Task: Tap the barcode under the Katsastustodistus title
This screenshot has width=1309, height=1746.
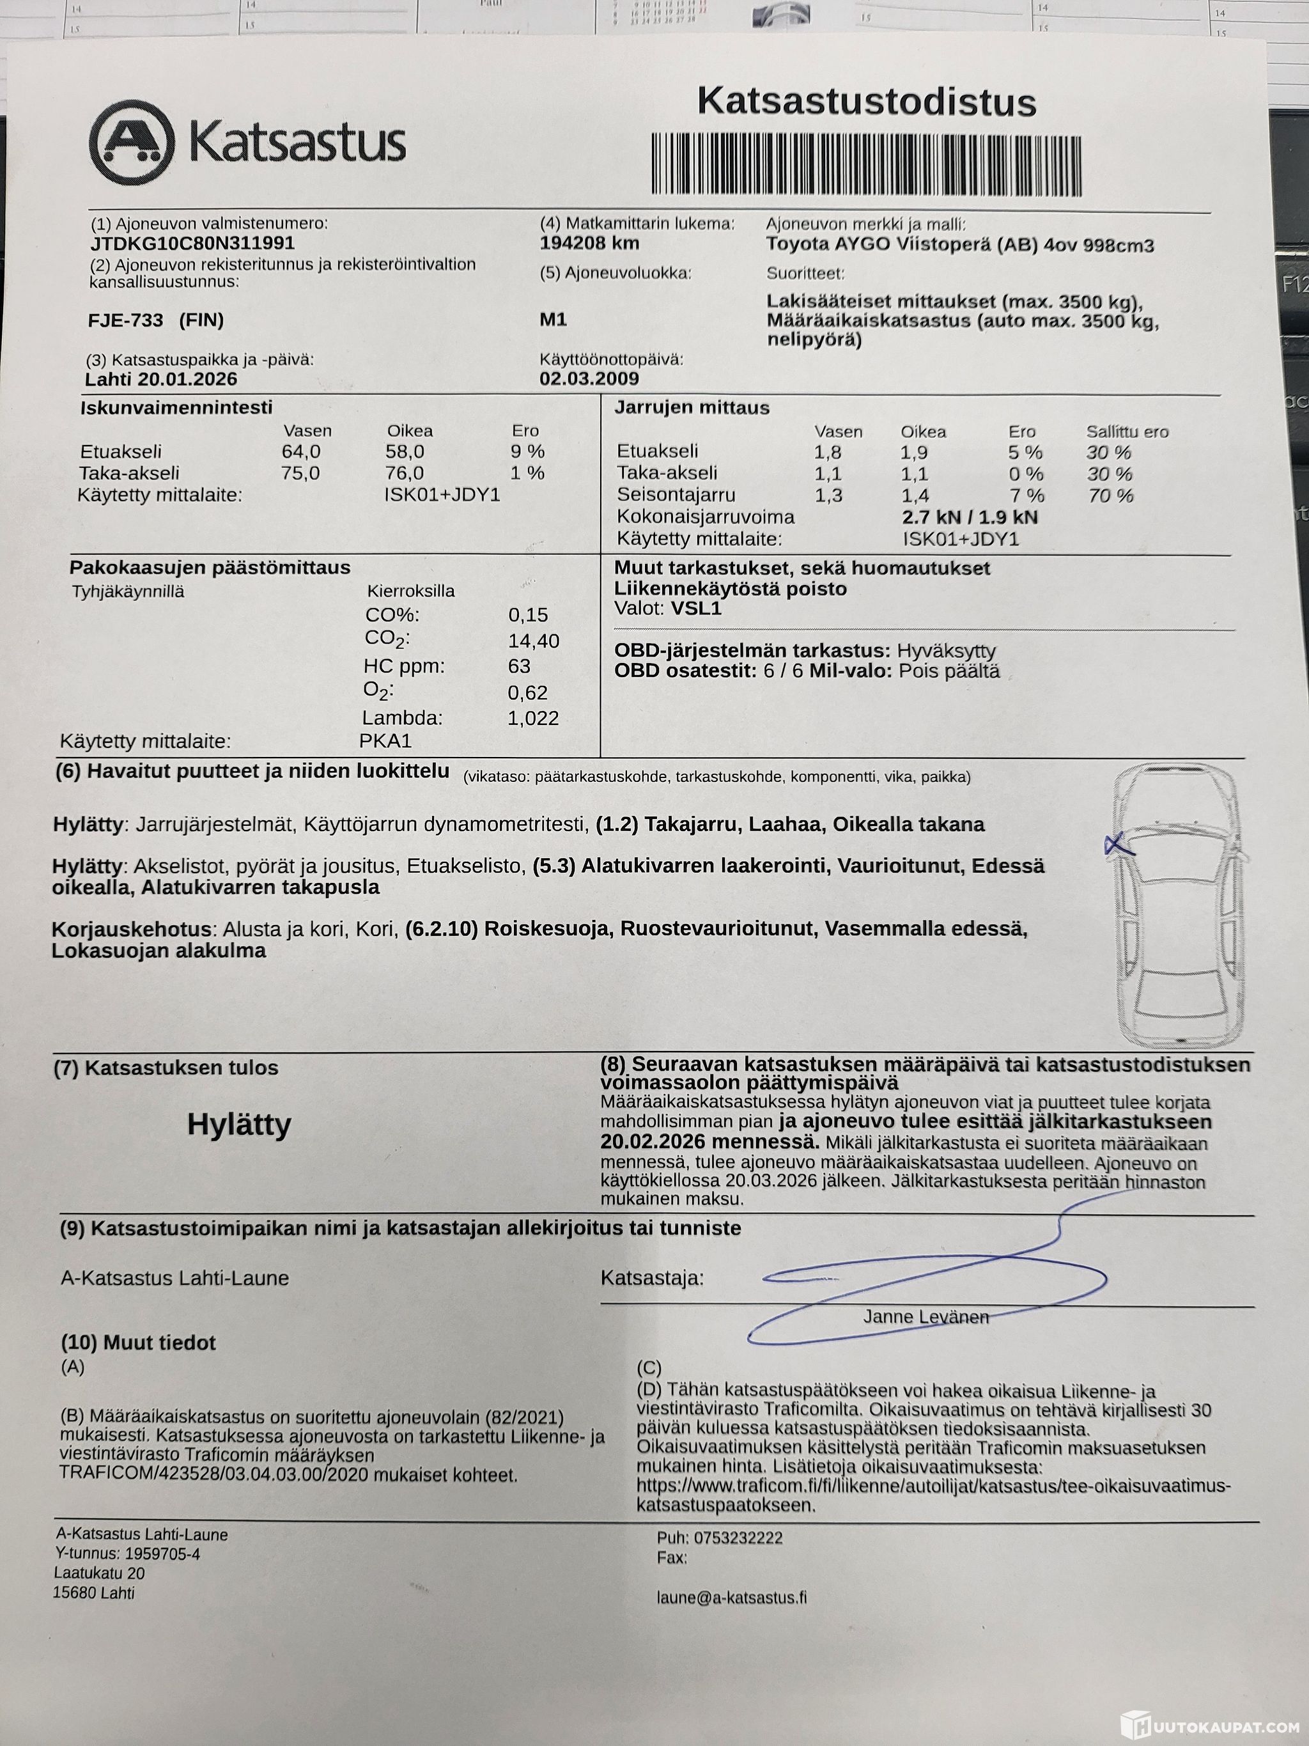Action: [x=865, y=164]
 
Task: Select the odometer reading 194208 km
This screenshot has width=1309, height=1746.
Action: [x=589, y=243]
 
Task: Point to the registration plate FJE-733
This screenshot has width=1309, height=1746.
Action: [x=127, y=320]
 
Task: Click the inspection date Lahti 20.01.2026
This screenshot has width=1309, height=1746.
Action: [x=161, y=380]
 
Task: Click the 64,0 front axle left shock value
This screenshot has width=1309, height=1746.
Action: [x=300, y=452]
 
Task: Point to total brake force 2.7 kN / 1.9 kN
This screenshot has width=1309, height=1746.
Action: [x=970, y=518]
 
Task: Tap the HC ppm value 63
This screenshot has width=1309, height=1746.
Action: [x=519, y=666]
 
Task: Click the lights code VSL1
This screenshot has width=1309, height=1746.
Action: [x=696, y=609]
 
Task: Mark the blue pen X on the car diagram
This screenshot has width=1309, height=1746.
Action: [x=1117, y=845]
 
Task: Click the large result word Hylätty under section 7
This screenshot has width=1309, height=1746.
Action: [x=239, y=1124]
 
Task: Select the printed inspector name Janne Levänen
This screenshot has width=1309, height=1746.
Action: [x=926, y=1316]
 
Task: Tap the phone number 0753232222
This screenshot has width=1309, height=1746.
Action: [x=738, y=1538]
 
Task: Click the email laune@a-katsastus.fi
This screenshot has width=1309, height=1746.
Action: [x=731, y=1598]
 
